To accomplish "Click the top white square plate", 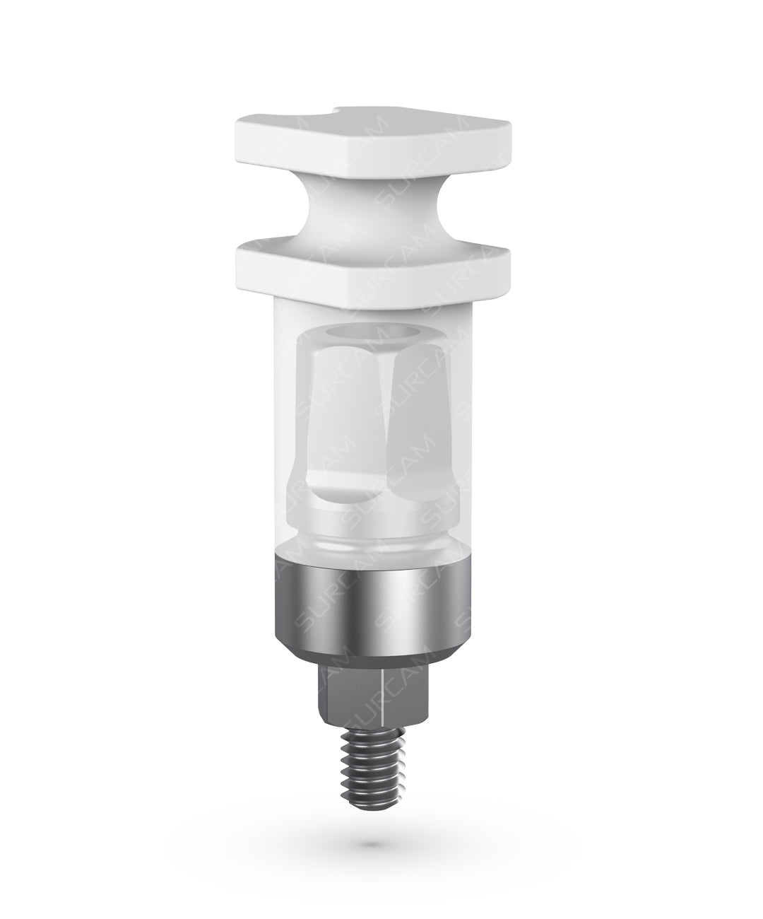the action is click(x=374, y=141).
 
